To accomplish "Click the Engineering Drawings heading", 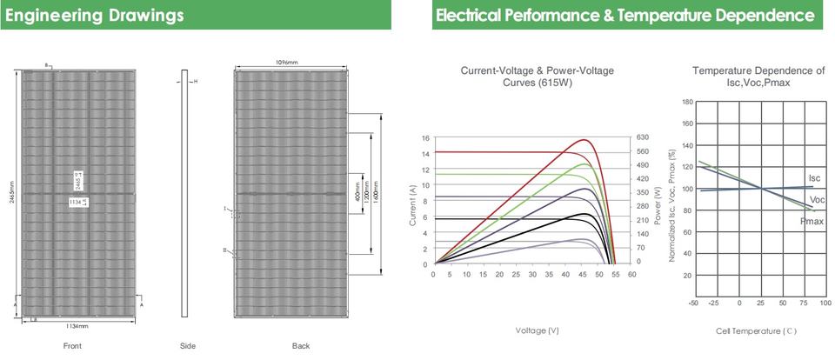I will pos(94,16).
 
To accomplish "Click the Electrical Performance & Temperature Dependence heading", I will pos(625,16).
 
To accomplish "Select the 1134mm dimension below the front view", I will pos(77,326).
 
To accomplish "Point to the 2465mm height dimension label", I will pos(12,193).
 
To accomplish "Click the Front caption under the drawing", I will pos(72,346).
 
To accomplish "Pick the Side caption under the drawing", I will pos(188,346).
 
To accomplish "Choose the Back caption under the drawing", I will pos(301,346).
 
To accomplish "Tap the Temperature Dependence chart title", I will pos(758,77).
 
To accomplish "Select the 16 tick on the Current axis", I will pos(425,137).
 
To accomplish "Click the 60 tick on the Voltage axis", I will pos(631,274).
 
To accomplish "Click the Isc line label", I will pos(814,178).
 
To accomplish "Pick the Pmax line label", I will pos(812,222).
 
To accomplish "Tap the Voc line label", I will pos(817,200).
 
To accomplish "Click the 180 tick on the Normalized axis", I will pos(688,103).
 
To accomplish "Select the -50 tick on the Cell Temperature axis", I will pos(693,303).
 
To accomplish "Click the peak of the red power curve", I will pos(584,139).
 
